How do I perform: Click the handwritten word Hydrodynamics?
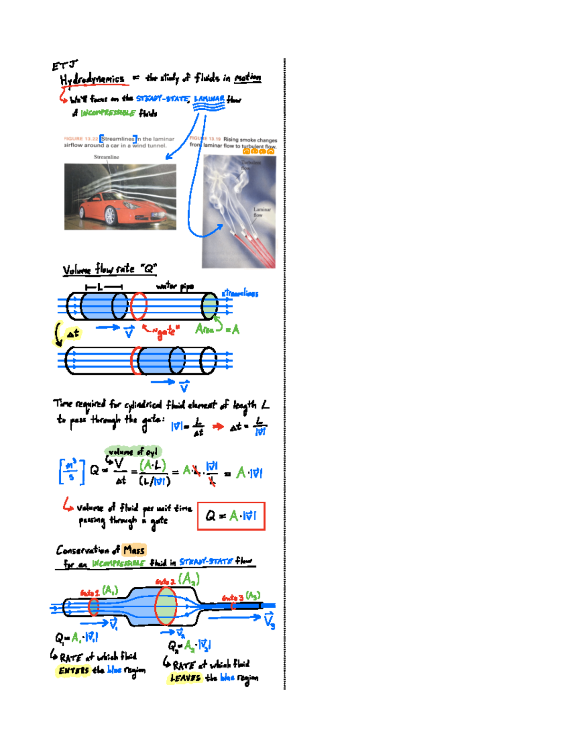pos(93,79)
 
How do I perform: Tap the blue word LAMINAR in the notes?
pos(209,99)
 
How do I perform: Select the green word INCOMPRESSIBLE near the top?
pos(108,113)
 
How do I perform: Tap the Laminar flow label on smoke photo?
pos(261,212)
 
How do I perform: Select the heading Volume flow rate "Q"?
pos(109,269)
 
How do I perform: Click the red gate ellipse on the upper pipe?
pos(139,306)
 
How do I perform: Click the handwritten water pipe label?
pos(175,286)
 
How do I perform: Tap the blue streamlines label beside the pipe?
pos(240,293)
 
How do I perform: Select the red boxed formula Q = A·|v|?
pos(231,516)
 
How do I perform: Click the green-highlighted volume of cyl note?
pos(133,451)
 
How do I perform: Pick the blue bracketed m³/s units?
pos(72,471)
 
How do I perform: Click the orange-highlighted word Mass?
pos(133,550)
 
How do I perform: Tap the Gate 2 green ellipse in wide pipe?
pos(166,605)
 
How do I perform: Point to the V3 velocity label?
pos(269,621)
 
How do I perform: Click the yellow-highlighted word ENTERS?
pos(74,670)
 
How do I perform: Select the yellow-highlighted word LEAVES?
pos(185,678)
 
